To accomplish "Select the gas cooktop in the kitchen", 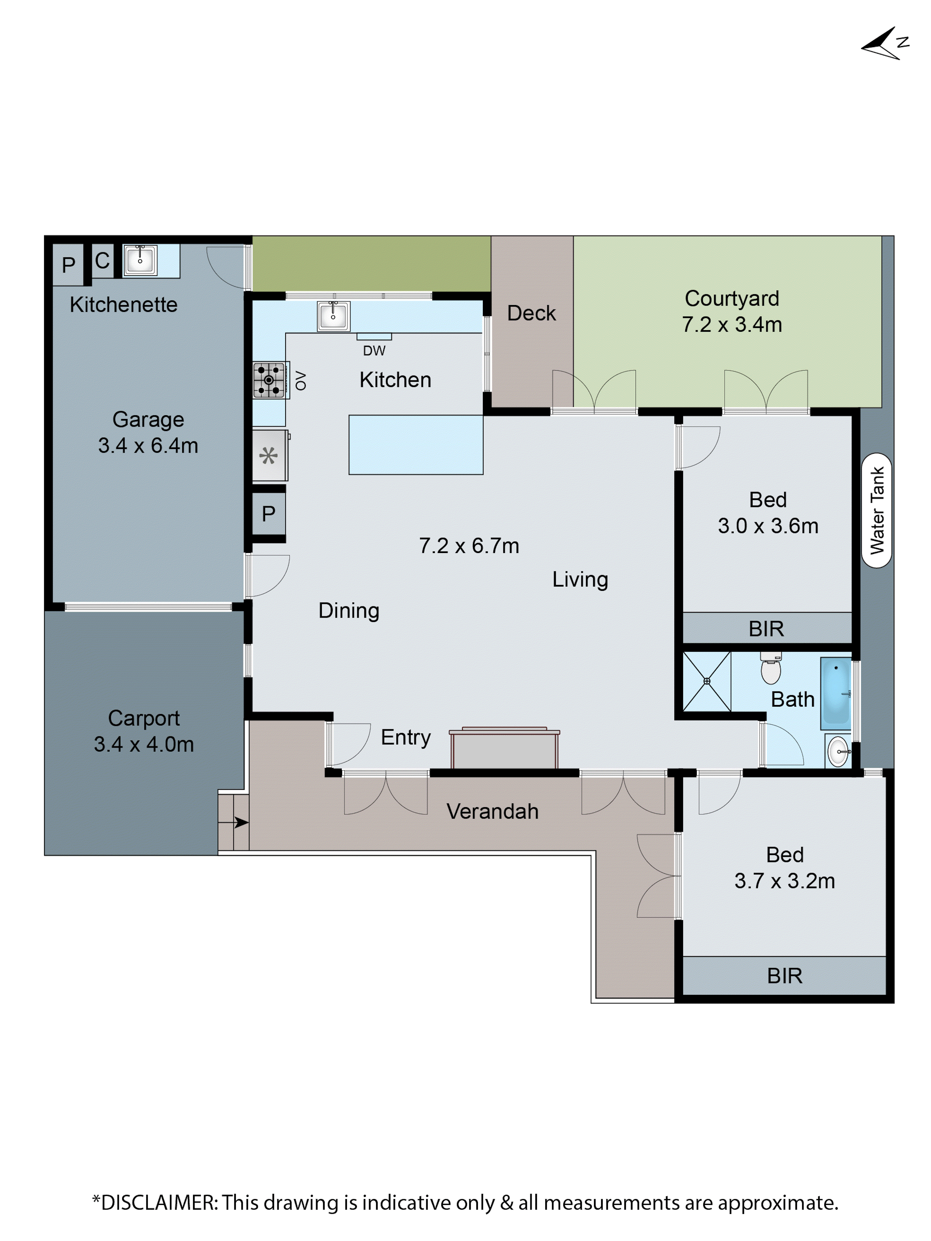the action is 269,380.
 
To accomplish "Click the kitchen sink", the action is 333,316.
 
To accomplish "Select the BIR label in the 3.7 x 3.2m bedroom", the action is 784,976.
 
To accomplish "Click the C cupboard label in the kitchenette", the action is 102,260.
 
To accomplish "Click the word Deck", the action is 531,313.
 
